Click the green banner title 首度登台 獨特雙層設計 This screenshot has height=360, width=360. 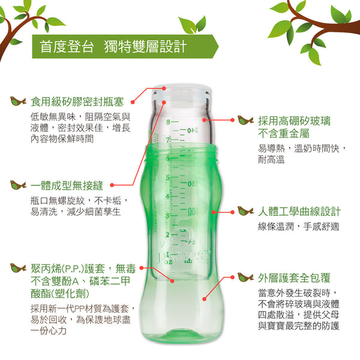[113, 47]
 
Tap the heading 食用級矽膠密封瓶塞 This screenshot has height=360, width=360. [77, 102]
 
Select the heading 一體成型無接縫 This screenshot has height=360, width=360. [67, 185]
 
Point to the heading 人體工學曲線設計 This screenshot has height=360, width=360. [299, 211]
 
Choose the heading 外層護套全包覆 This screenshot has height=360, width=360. [294, 278]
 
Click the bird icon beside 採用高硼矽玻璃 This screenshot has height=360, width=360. [245, 121]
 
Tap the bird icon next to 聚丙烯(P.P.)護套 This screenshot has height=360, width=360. [18, 268]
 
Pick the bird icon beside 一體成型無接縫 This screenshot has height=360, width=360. [18, 185]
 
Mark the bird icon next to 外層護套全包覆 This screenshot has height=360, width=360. [245, 277]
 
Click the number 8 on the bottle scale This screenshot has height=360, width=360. [168, 122]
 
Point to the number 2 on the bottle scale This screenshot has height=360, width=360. [167, 235]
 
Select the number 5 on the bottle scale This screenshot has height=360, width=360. [167, 178]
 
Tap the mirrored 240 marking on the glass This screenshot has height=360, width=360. [193, 131]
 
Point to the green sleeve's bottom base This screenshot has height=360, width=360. [182, 337]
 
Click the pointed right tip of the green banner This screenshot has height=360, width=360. [218, 47]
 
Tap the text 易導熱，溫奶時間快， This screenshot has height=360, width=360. [302, 149]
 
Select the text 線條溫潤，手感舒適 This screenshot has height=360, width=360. [298, 227]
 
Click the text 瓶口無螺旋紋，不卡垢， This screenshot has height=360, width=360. [79, 201]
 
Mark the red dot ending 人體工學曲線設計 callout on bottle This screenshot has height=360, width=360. [214, 212]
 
